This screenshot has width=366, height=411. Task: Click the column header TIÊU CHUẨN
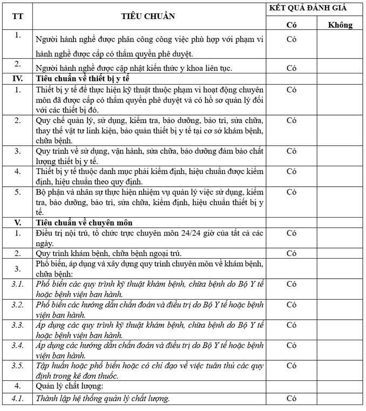[x=148, y=16]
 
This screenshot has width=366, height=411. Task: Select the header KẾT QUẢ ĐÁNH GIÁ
[x=315, y=8]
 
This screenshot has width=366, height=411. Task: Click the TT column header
[x=18, y=16]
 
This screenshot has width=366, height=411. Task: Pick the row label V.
[x=18, y=222]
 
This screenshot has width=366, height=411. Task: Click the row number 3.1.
[x=18, y=284]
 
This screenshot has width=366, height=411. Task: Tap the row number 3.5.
[x=18, y=366]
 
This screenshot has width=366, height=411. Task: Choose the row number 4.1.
[x=18, y=399]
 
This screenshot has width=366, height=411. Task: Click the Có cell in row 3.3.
[x=292, y=325]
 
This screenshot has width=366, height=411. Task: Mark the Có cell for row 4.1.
[x=292, y=399]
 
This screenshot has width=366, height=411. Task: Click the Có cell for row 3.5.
[x=292, y=366]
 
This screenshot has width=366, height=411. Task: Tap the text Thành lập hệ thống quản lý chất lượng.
[x=103, y=399]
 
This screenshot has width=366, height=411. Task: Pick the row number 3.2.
[x=18, y=304]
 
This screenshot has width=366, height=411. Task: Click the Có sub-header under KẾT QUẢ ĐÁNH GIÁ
[x=292, y=25]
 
